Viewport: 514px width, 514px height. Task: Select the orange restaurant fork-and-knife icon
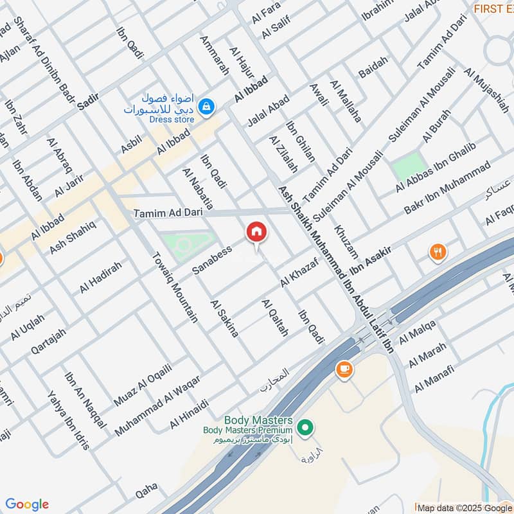438,251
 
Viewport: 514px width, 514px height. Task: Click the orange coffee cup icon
344,369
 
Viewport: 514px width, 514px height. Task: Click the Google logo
27,504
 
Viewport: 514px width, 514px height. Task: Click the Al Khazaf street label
299,272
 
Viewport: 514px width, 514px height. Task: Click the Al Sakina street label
224,317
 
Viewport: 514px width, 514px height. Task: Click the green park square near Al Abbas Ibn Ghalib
409,166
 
